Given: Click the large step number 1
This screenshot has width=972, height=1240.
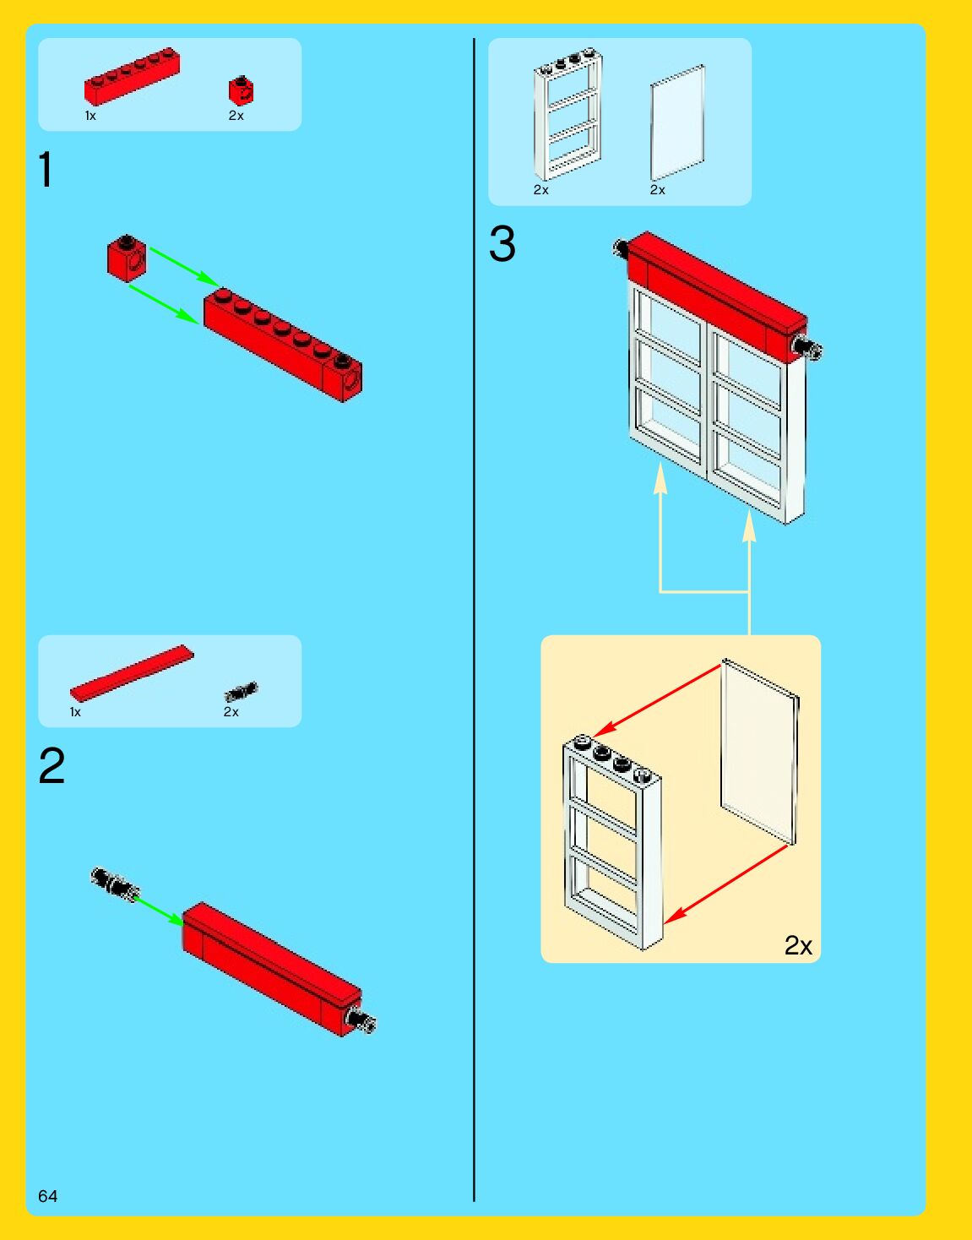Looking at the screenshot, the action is tap(46, 170).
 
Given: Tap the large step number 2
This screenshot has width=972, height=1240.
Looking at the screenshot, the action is tap(52, 766).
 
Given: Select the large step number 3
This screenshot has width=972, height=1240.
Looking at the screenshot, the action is tap(502, 244).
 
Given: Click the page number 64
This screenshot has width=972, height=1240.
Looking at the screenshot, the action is tap(48, 1195).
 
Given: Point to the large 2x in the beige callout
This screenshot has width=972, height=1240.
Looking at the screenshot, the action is tap(798, 945).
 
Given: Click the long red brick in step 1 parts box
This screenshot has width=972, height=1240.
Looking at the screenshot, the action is tap(132, 76).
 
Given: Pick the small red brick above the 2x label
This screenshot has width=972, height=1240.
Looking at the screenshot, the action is tap(241, 90).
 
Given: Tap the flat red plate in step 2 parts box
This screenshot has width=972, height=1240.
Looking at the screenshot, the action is tap(132, 673).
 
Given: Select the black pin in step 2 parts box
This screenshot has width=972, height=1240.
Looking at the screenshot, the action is tap(241, 693).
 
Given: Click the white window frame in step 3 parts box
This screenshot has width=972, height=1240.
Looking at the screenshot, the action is tap(568, 114).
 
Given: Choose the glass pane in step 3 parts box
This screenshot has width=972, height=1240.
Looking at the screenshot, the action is tap(677, 122).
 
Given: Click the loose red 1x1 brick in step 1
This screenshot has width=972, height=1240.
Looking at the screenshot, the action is tap(127, 258).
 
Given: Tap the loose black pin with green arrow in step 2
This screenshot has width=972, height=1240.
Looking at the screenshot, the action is tap(114, 883).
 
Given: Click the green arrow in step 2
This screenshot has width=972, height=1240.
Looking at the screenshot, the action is tap(159, 911).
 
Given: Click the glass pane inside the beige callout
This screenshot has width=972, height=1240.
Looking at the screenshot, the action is tap(758, 752).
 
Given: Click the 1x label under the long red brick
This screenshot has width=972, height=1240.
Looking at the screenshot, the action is tap(90, 116).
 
